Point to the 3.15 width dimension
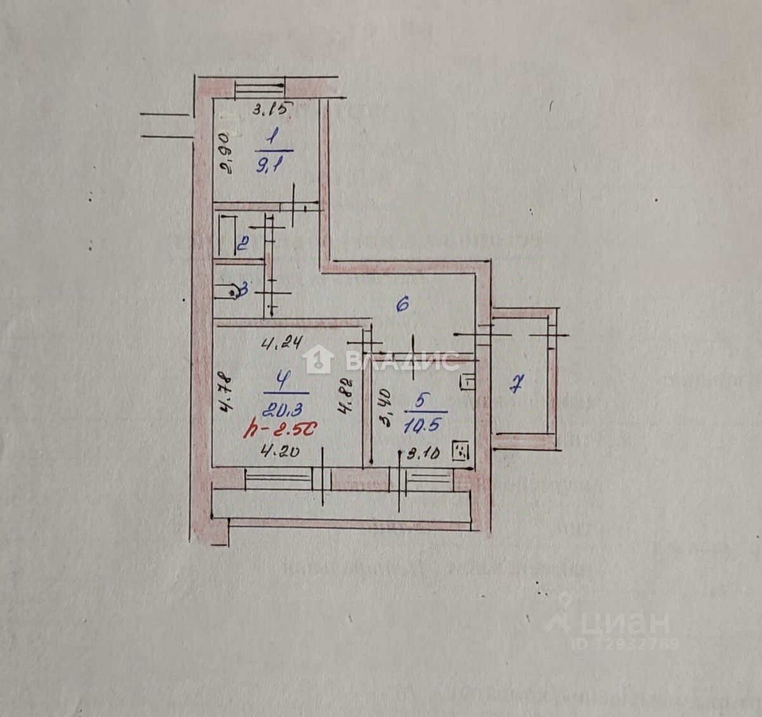point(271,109)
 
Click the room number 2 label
point(242,243)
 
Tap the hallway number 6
point(402,305)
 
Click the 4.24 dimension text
point(281,345)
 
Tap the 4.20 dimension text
point(280,453)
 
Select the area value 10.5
point(420,424)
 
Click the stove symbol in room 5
point(460,452)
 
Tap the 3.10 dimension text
point(424,454)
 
